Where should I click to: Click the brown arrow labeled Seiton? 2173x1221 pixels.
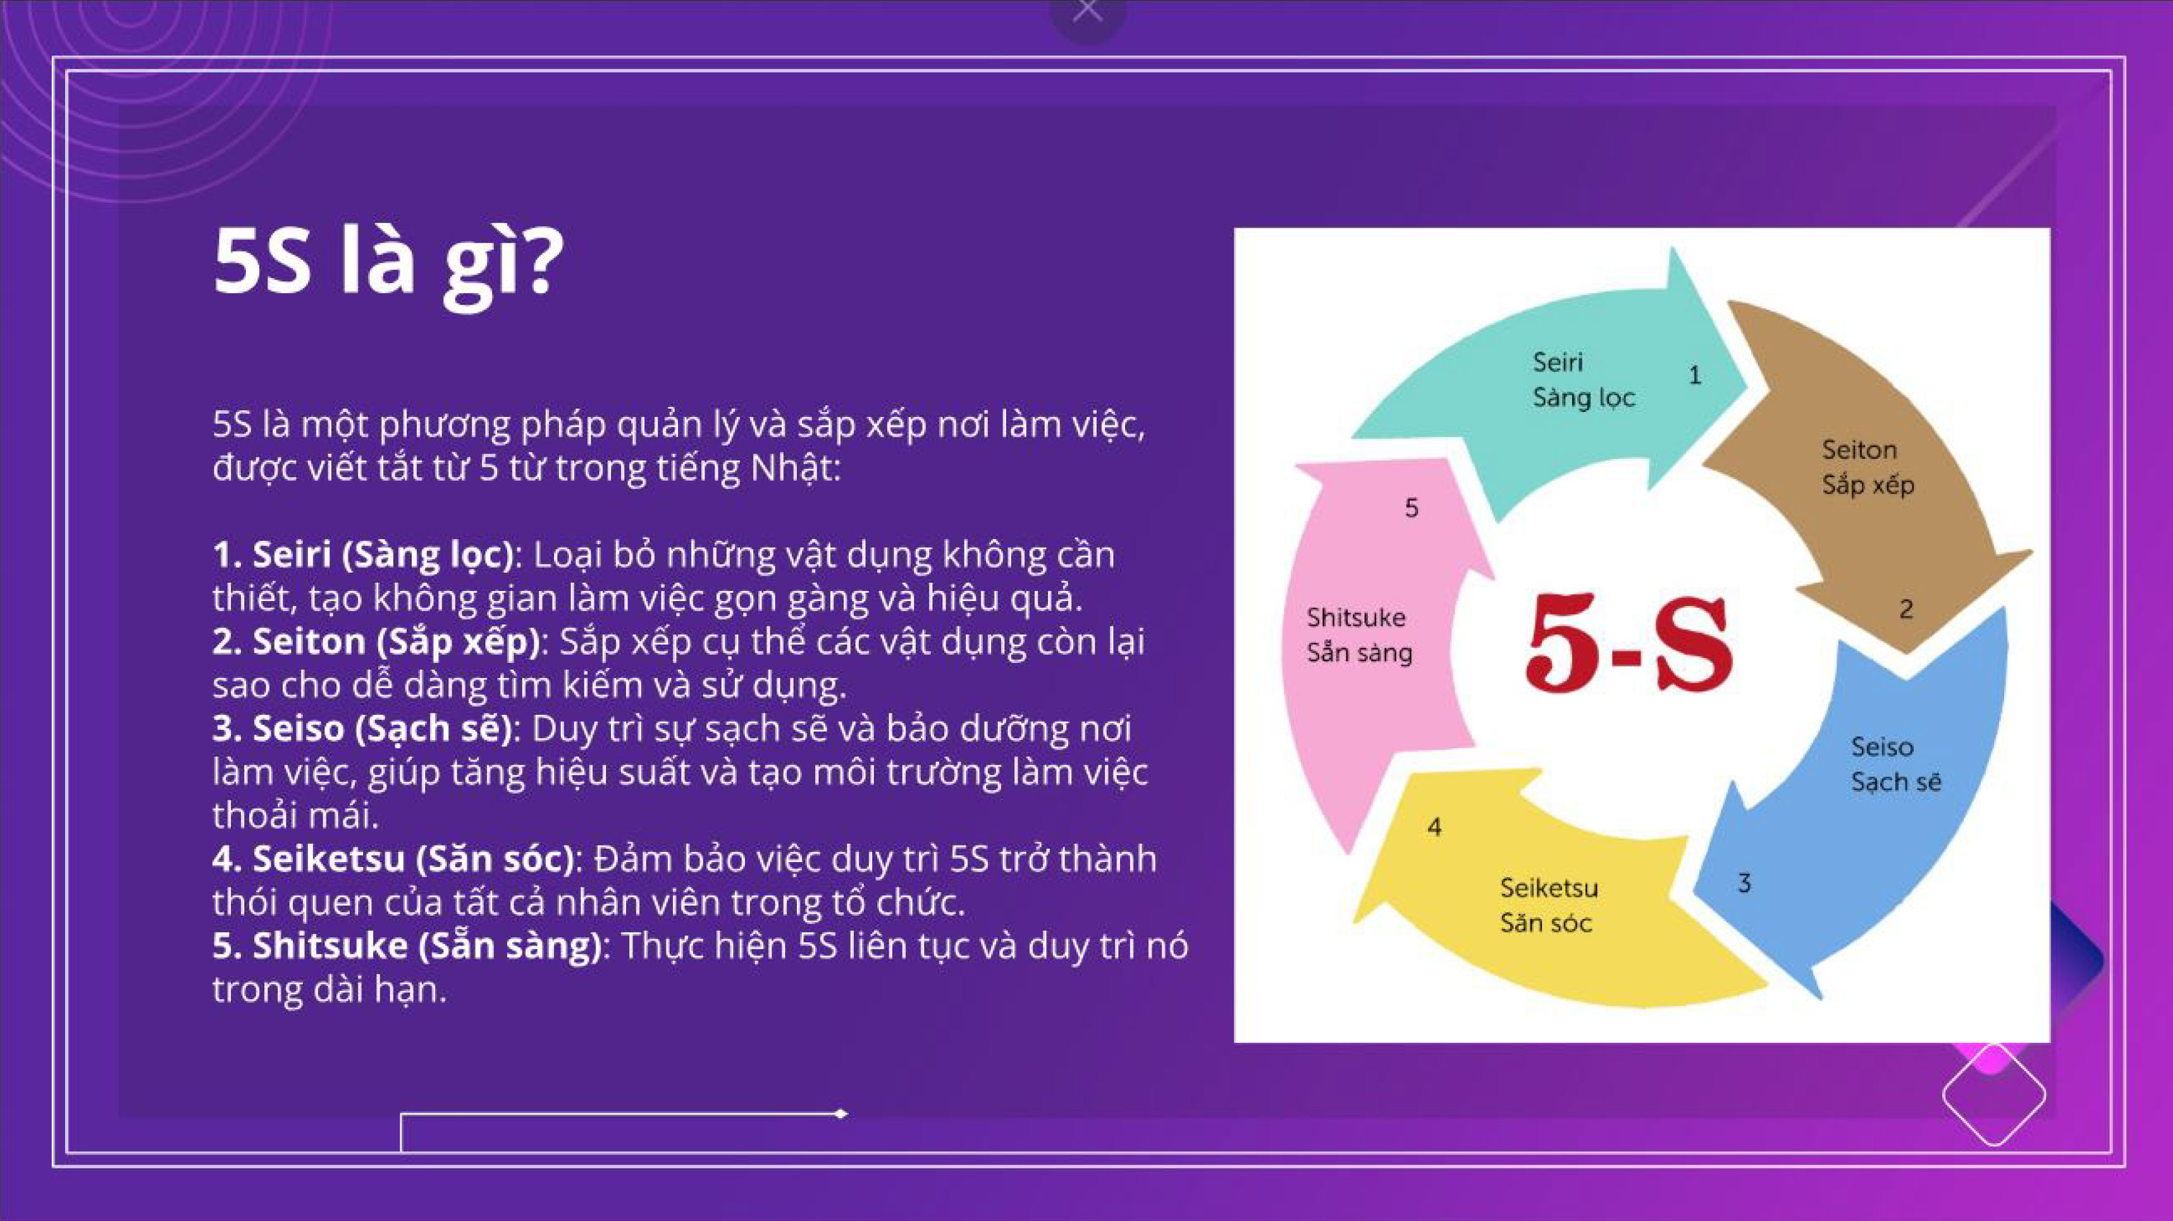pyautogui.click(x=1881, y=472)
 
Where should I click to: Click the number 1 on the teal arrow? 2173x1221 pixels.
pyautogui.click(x=1695, y=375)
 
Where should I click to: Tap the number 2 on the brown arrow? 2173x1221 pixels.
pyautogui.click(x=1905, y=609)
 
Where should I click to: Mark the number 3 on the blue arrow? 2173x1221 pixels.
pyautogui.click(x=1744, y=883)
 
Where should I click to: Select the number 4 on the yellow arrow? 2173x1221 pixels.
pyautogui.click(x=1434, y=827)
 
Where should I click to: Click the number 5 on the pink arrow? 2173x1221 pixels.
pyautogui.click(x=1412, y=507)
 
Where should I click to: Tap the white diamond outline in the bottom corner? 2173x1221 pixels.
pyautogui.click(x=1994, y=1095)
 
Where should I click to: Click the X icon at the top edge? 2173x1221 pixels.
pyautogui.click(x=1087, y=10)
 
